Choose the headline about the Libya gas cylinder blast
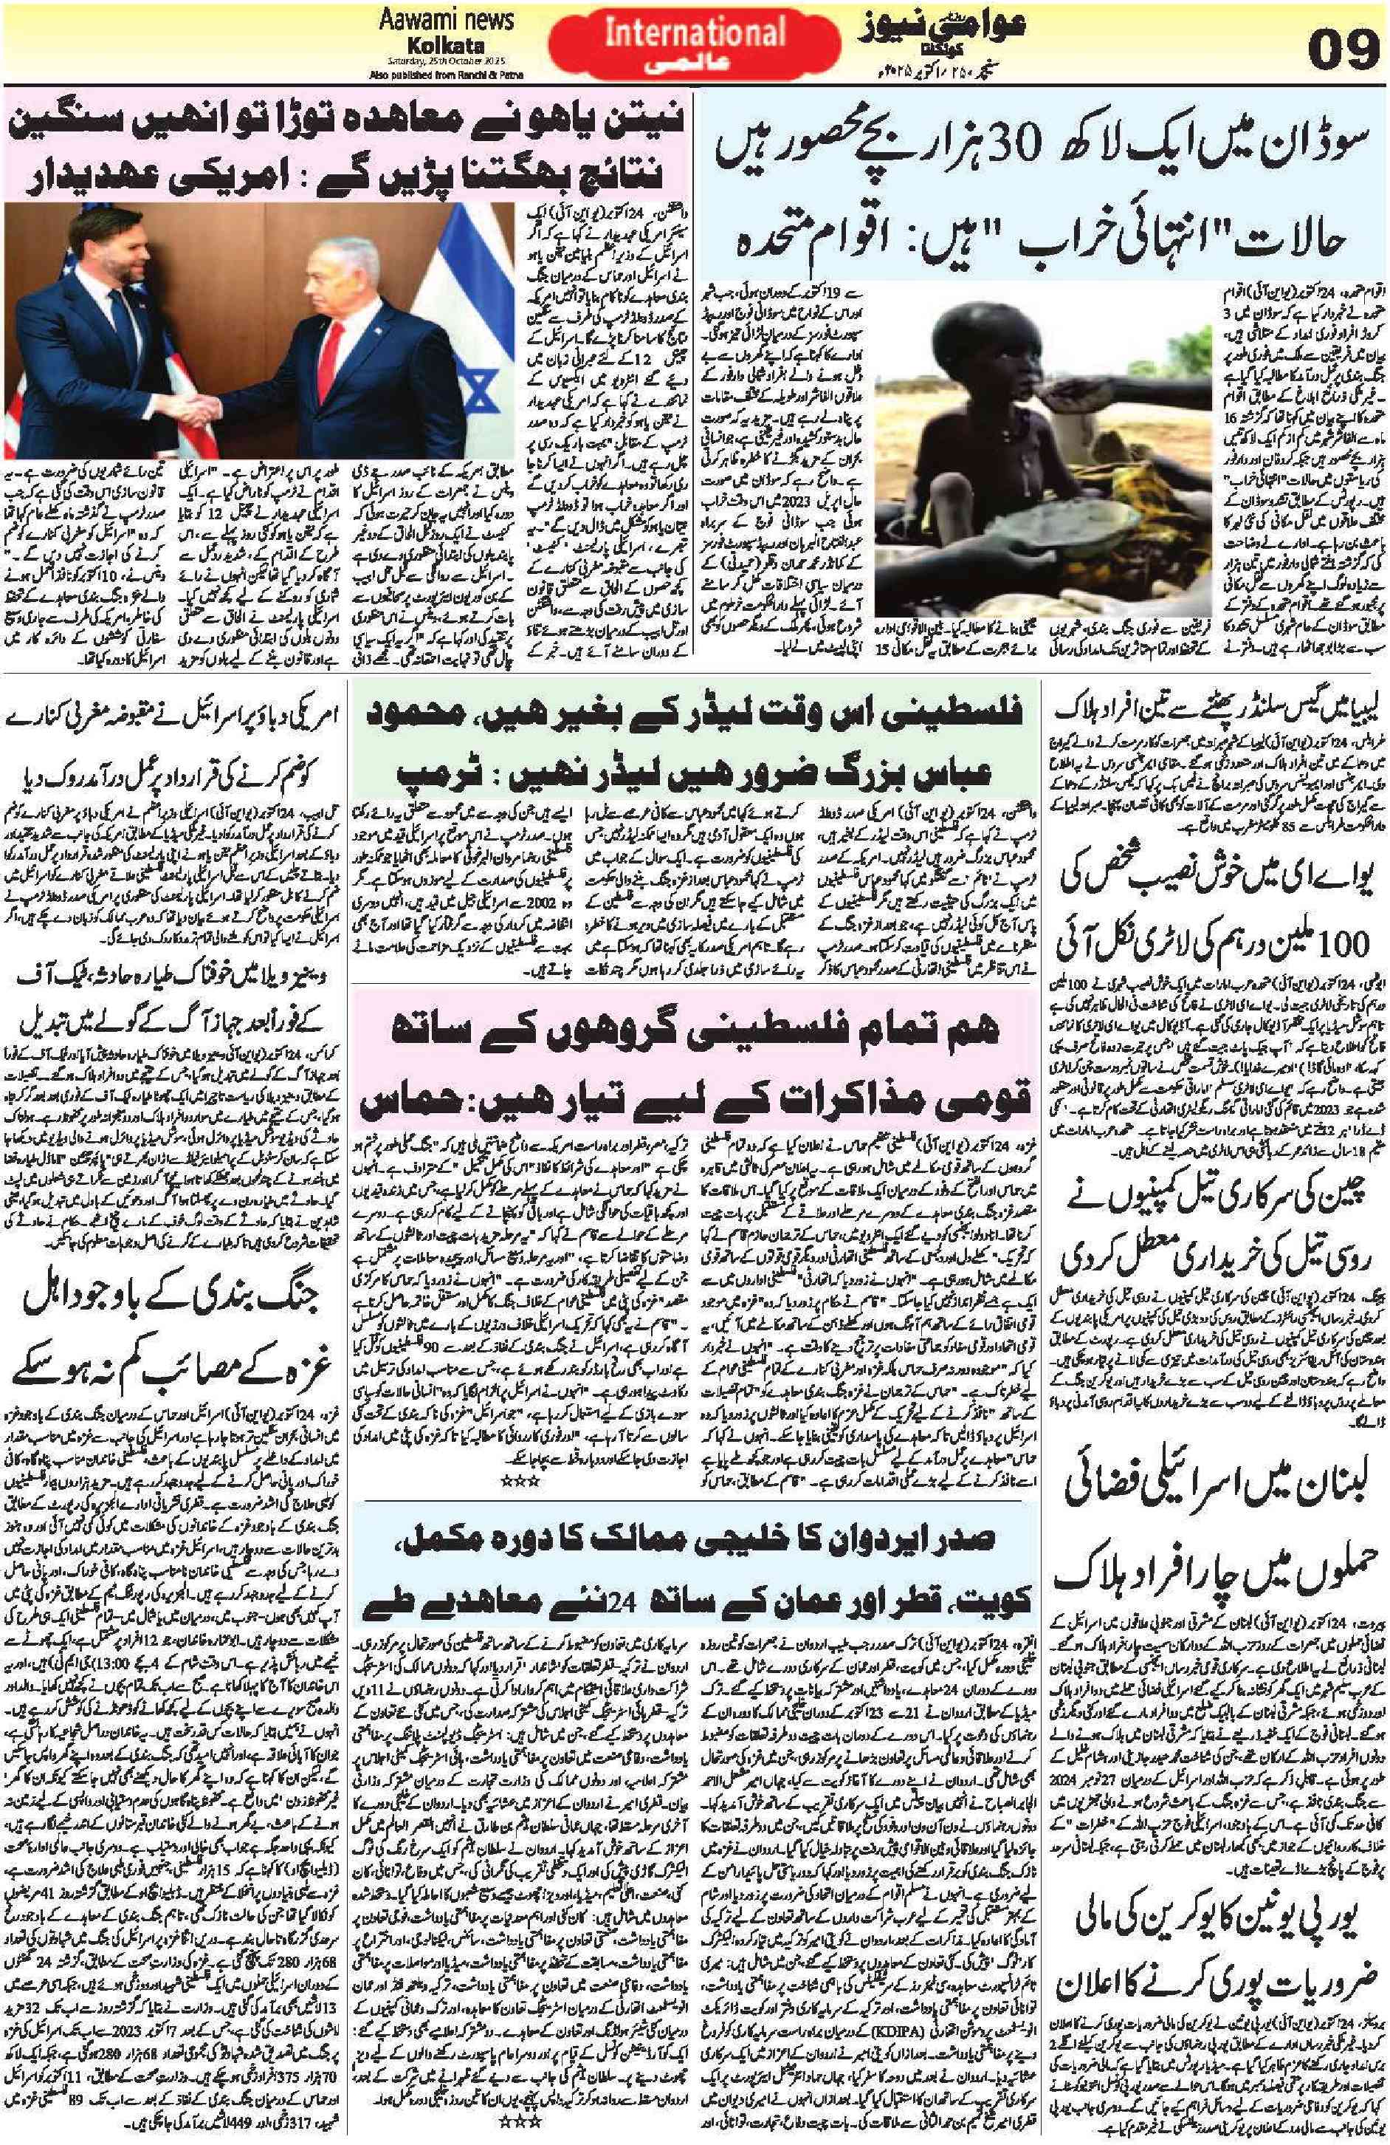tap(1216, 717)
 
